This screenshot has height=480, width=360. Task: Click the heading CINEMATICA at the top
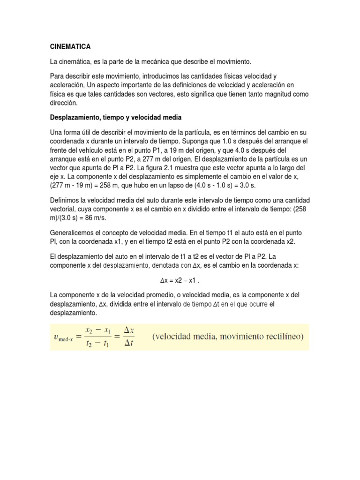70,47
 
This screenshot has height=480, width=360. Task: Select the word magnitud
277,94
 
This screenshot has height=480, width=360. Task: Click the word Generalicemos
75,233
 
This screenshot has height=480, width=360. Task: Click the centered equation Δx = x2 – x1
180,280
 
